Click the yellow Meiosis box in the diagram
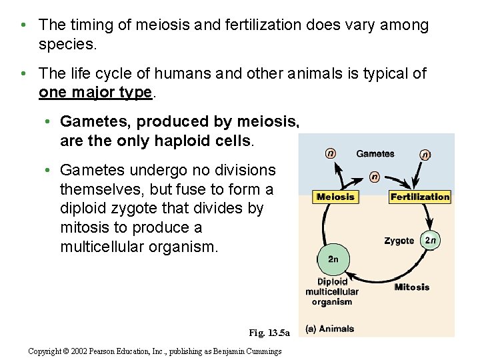[x=336, y=197]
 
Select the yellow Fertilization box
[x=420, y=197]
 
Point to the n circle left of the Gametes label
[x=331, y=153]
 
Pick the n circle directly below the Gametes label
[x=375, y=177]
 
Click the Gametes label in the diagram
[x=375, y=154]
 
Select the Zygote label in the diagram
[x=399, y=241]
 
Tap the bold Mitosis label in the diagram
[x=412, y=287]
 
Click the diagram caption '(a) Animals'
[x=329, y=329]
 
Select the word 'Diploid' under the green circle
[x=332, y=281]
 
